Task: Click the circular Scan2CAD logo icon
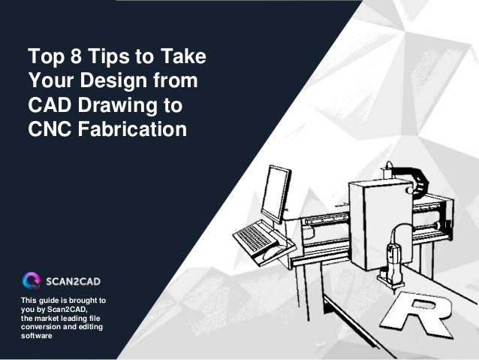[32, 282]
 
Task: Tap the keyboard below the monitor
[253, 238]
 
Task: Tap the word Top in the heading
[45, 56]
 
